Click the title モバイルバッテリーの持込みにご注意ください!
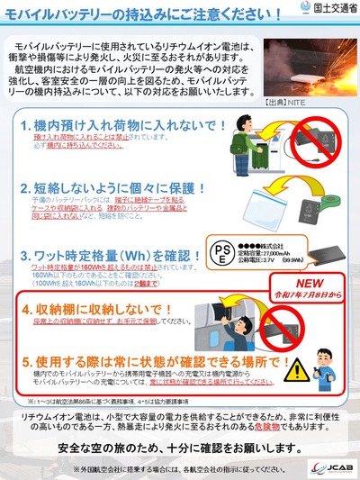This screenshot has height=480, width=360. (x=135, y=15)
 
